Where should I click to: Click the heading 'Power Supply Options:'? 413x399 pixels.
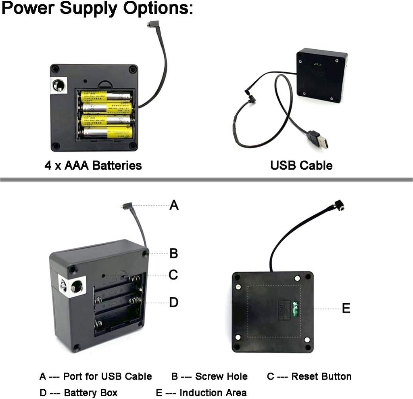pos(97,8)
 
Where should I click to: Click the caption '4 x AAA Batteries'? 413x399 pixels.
pos(93,166)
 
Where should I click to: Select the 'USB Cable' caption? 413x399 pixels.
pos(301,166)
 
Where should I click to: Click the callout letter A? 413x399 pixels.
pos(174,206)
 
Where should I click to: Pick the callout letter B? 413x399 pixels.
pos(173,254)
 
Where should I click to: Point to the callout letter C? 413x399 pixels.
pos(173,275)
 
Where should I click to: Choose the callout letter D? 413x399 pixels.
pos(173,302)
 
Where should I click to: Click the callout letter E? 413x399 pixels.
pos(346,309)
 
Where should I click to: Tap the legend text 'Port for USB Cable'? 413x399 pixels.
pos(107,376)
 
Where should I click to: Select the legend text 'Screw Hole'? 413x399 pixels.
pos(221,376)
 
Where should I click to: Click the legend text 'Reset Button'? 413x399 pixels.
pos(321,376)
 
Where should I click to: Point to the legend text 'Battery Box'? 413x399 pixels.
pos(91,393)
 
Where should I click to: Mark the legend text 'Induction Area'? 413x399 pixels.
pos(213,393)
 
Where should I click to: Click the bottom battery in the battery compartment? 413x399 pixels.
pos(108,132)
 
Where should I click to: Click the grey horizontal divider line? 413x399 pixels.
pos(206,179)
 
